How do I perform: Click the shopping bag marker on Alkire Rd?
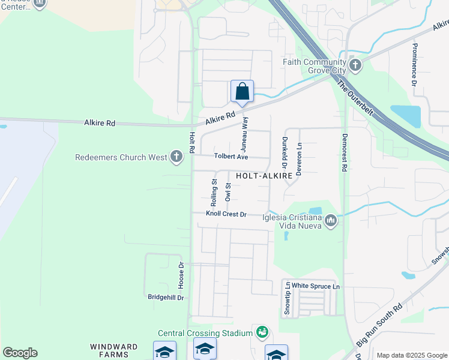[x=242, y=92]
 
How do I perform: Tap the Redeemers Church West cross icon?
[x=176, y=157]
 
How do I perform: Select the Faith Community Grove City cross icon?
[x=355, y=64]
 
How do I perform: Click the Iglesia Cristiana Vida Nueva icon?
[x=330, y=221]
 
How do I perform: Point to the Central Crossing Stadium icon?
[x=262, y=332]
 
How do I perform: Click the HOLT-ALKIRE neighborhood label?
[x=264, y=176]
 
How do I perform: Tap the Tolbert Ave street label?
[x=231, y=157]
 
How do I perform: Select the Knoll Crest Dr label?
[x=226, y=214]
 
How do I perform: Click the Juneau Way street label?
[x=245, y=133]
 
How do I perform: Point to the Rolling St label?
[x=214, y=190]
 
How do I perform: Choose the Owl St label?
[x=228, y=191]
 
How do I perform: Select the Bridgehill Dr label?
[x=166, y=297]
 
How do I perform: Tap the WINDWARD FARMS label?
[x=114, y=350]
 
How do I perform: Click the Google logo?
[x=20, y=353]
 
